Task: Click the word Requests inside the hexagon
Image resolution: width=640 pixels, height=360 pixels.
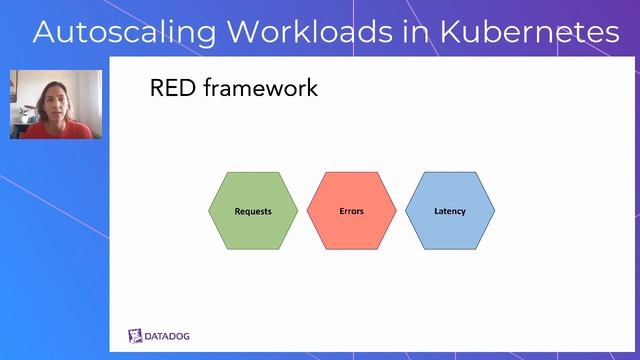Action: (253, 211)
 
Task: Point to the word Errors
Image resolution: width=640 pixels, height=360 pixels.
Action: (351, 211)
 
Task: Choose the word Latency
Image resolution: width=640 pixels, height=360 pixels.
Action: (449, 211)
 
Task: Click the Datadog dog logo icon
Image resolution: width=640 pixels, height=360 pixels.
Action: (136, 335)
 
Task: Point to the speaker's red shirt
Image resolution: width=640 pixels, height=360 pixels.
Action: (55, 130)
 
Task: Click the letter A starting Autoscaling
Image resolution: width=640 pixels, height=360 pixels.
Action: (45, 32)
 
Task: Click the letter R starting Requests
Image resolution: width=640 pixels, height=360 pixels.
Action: (237, 211)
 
